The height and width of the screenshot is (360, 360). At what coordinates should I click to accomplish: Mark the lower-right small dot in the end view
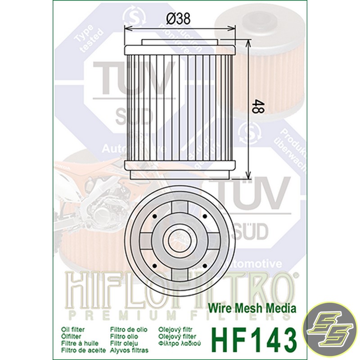point(205,265)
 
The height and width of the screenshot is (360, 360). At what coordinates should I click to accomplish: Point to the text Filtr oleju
point(124,343)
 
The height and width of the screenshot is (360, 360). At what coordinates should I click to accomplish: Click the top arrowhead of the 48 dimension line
point(248,42)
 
